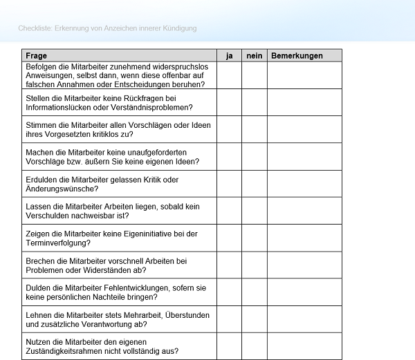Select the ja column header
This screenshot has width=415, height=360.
[228, 55]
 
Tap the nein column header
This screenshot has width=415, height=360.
[254, 55]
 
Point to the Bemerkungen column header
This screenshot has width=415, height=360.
[297, 55]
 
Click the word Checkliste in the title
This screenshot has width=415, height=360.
[35, 28]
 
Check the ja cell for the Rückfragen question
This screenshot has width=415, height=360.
[228, 102]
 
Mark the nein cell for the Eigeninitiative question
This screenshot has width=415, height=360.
[254, 238]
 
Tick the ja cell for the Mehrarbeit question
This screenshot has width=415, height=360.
[228, 319]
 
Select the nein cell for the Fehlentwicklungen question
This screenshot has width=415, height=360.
[254, 292]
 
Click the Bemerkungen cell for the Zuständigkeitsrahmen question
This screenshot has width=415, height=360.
[304, 346]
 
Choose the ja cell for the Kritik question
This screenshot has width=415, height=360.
[228, 184]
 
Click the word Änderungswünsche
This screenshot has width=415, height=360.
[62, 189]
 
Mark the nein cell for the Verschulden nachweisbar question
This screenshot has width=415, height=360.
[254, 211]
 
